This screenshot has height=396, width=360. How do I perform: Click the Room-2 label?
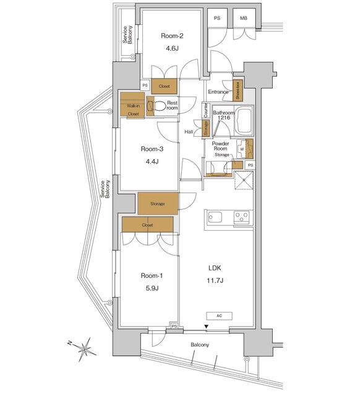pyautogui.click(x=172, y=35)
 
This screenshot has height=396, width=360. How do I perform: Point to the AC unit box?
pyautogui.click(x=219, y=316)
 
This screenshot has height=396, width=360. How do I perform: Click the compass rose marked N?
pyautogui.click(x=85, y=347)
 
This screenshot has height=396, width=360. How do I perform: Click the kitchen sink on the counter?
pyautogui.click(x=216, y=217)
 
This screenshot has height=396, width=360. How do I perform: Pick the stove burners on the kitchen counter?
pyautogui.click(x=241, y=217)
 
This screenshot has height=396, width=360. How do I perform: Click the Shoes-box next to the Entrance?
pyautogui.click(x=238, y=91)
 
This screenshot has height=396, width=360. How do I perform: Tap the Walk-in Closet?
pyautogui.click(x=132, y=105)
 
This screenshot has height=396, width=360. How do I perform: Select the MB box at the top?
pyautogui.click(x=244, y=19)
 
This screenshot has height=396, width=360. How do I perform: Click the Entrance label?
pyautogui.click(x=218, y=92)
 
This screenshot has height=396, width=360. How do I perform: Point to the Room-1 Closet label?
pyautogui.click(x=147, y=225)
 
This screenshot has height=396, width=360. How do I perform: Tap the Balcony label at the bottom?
pyautogui.click(x=199, y=345)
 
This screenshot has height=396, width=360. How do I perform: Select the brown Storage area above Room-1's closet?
pyautogui.click(x=157, y=203)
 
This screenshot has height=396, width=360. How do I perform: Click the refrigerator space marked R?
pyautogui.click(x=243, y=181)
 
